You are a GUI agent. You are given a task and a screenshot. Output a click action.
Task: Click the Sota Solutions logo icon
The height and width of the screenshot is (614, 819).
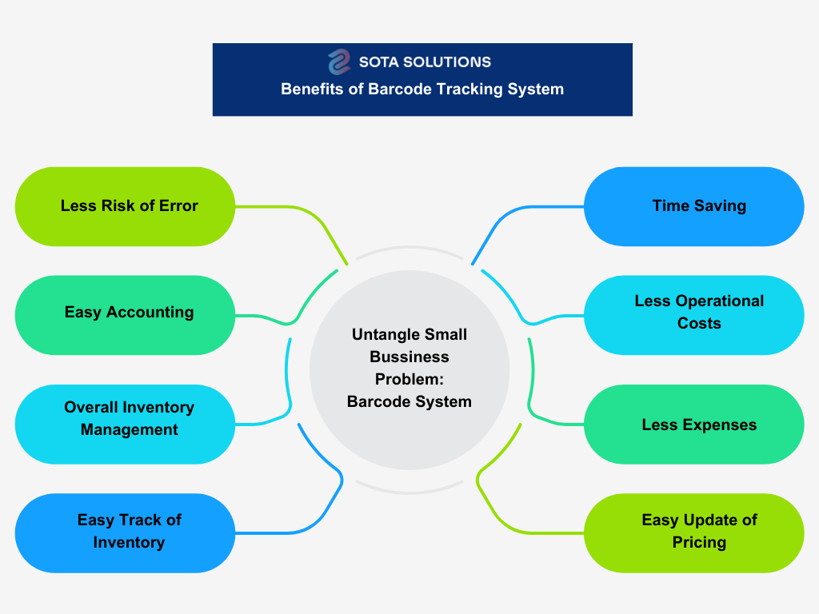pyautogui.click(x=339, y=62)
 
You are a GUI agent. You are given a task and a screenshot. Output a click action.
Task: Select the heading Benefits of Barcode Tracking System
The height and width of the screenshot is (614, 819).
pyautogui.click(x=422, y=90)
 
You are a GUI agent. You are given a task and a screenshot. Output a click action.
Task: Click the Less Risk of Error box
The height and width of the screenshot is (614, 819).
pyautogui.click(x=125, y=206)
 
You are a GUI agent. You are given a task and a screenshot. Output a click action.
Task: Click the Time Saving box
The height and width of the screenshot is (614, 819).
pyautogui.click(x=694, y=206)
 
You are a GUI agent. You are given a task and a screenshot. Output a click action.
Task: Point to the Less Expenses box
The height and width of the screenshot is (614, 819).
pyautogui.click(x=694, y=424)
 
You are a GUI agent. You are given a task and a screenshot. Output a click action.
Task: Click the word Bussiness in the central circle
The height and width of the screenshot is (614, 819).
pyautogui.click(x=409, y=357)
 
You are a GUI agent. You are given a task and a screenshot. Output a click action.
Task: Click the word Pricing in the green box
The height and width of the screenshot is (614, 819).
pyautogui.click(x=699, y=542)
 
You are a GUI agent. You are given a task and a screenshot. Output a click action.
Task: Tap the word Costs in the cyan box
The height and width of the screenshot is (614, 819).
pyautogui.click(x=699, y=324)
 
